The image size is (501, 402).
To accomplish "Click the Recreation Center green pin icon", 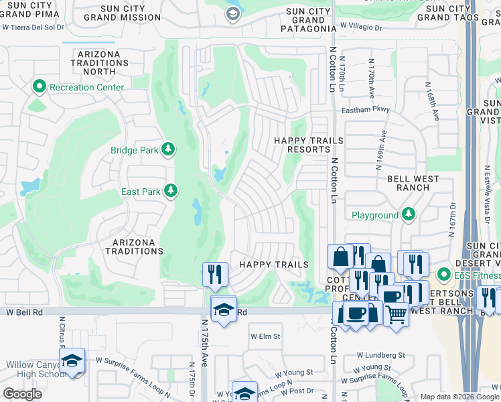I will click(40, 87).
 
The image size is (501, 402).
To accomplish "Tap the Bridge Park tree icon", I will click(170, 149).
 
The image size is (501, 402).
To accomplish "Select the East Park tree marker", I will click(171, 192).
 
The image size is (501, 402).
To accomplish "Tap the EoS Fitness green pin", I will click(443, 275).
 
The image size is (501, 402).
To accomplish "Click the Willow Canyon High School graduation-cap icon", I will click(72, 360).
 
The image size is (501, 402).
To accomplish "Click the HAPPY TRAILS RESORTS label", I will click(309, 145).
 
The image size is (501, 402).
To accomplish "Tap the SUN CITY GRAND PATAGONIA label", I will click(308, 20).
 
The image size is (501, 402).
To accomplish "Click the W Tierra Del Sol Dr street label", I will click(32, 27).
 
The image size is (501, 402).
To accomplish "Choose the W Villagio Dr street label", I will click(360, 28).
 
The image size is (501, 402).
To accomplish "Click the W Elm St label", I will click(265, 336).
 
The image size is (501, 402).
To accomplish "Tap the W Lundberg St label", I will click(380, 355).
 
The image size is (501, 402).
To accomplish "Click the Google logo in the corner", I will click(22, 394).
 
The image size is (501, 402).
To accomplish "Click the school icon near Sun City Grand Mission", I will click(232, 14).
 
